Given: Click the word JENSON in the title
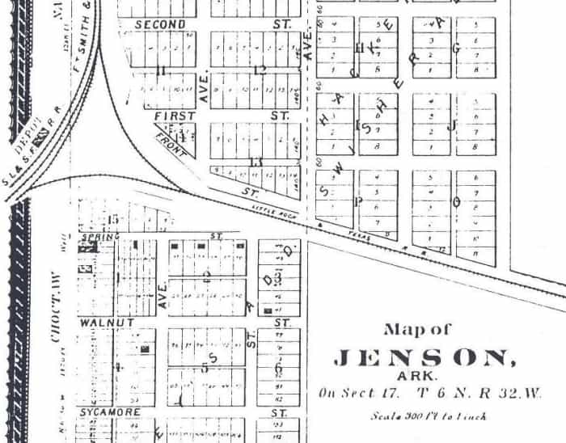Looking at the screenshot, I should (424, 357).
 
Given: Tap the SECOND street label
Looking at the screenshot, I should (160, 25).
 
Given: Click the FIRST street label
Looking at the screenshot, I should (174, 116).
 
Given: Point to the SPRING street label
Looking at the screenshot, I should (102, 236).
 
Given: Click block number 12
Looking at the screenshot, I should (260, 70).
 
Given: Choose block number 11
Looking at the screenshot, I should (162, 71).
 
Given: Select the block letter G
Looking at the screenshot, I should (456, 48).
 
